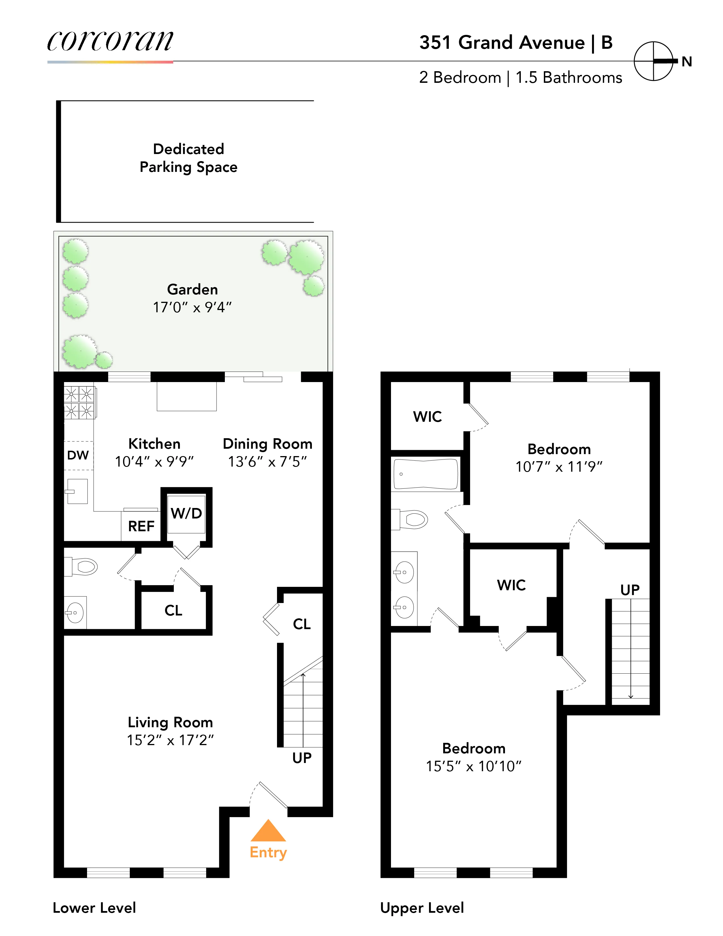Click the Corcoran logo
click(x=110, y=42)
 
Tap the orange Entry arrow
click(x=268, y=831)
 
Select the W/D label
click(x=186, y=513)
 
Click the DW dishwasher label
click(x=78, y=455)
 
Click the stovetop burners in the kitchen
click(x=79, y=402)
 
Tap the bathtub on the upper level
click(x=426, y=474)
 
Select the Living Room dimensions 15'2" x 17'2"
click(x=170, y=740)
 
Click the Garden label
click(x=192, y=289)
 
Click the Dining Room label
click(x=267, y=444)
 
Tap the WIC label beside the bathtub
click(x=427, y=417)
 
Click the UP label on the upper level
click(x=630, y=590)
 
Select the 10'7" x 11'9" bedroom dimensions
click(x=559, y=467)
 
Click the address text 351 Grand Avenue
click(x=502, y=43)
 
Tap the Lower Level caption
click(x=94, y=908)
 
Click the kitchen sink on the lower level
click(x=77, y=491)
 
